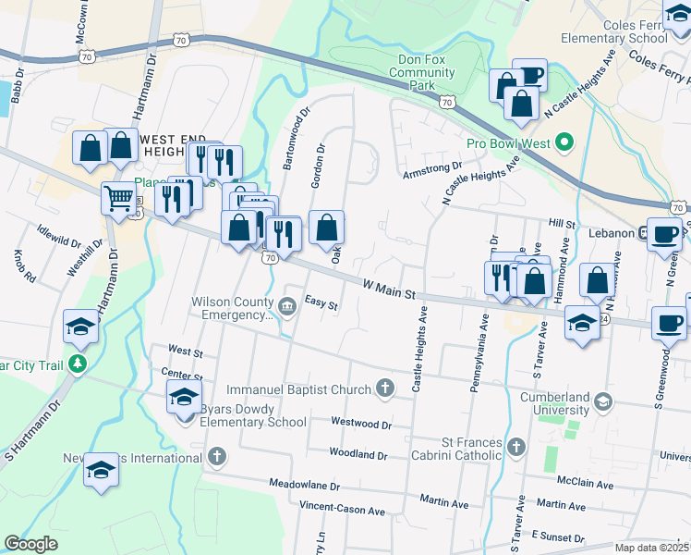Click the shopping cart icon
[118, 197]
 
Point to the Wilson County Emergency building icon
[286, 306]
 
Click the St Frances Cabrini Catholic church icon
[516, 447]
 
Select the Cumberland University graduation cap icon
[603, 401]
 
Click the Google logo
[31, 544]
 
